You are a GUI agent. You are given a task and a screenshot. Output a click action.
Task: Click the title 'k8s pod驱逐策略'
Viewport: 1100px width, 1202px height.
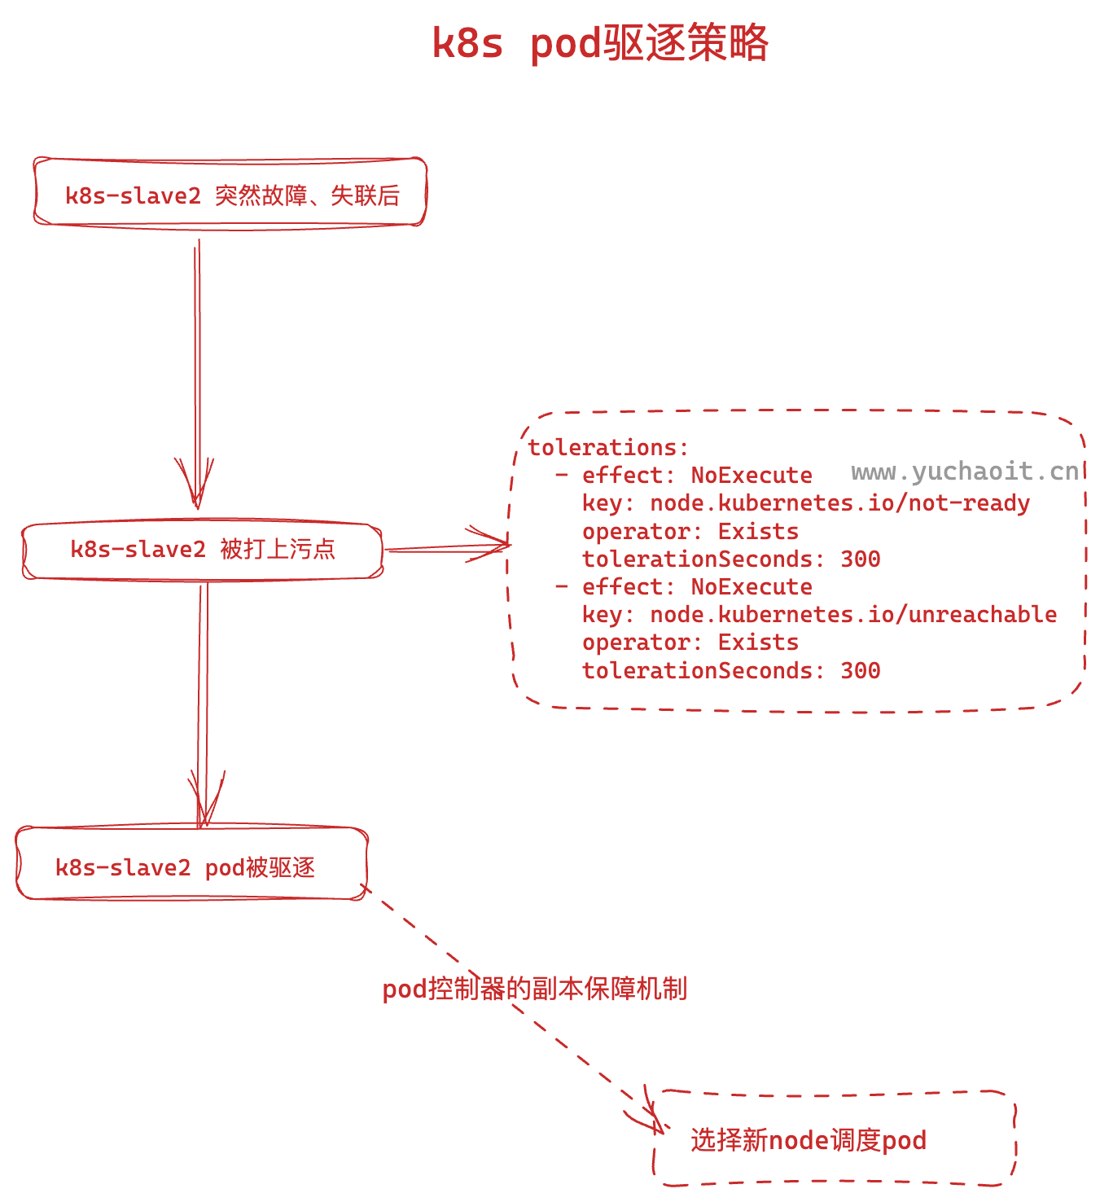599,43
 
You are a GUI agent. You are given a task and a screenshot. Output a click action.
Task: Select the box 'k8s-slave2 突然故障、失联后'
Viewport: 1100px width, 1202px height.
231,195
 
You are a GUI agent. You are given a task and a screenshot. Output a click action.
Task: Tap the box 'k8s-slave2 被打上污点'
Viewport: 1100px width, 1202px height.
203,550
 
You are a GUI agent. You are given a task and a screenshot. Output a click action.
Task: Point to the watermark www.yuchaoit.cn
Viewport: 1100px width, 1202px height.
965,472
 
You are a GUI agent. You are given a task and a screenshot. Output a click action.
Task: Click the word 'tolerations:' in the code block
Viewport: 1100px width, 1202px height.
608,447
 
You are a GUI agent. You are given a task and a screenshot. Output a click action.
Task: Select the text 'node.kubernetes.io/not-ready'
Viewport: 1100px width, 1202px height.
839,503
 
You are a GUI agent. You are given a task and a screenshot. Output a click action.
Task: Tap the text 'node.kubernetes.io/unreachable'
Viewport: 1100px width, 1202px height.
853,614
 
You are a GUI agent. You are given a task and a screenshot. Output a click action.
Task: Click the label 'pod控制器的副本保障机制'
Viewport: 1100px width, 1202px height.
535,989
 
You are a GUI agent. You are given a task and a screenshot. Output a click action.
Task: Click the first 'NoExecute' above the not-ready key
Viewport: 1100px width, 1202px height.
751,476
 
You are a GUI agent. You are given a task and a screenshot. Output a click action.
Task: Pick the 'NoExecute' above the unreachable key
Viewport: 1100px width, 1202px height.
751,586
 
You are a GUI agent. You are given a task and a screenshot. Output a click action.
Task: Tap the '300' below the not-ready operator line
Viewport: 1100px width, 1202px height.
860,559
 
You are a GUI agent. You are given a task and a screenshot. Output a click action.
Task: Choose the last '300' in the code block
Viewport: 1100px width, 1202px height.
860,670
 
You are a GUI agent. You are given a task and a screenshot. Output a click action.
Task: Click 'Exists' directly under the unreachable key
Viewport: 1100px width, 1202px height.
757,642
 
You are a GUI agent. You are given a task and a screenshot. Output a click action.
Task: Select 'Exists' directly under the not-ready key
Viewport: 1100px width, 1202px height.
757,531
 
